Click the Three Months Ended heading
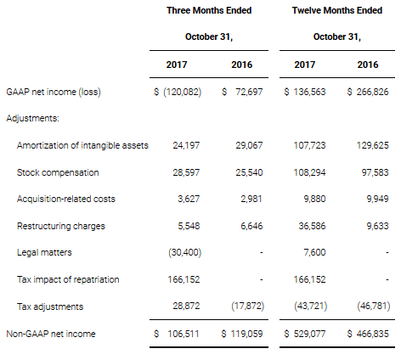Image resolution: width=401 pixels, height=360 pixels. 209,10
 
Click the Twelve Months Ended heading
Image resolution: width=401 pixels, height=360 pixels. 337,10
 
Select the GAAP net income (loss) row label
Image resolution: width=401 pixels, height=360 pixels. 54,92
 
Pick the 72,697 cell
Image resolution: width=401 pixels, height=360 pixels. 249,92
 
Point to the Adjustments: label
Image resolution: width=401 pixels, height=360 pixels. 33,118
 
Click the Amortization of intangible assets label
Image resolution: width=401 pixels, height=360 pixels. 82,145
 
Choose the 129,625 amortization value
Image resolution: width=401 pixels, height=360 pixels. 372,145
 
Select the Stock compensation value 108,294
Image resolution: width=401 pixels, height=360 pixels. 309,172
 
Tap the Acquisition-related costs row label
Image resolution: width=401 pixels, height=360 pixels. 66,199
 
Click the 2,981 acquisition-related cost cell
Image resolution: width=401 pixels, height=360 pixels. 251,199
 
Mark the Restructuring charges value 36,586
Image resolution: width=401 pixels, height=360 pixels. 312,226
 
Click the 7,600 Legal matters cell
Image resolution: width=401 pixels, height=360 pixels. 314,252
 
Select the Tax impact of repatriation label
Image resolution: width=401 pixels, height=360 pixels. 68,279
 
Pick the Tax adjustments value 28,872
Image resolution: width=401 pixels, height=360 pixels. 186,306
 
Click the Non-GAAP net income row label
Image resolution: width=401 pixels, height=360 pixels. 51,334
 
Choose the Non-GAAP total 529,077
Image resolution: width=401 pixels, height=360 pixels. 309,334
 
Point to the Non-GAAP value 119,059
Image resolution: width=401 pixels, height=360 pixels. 246,334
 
